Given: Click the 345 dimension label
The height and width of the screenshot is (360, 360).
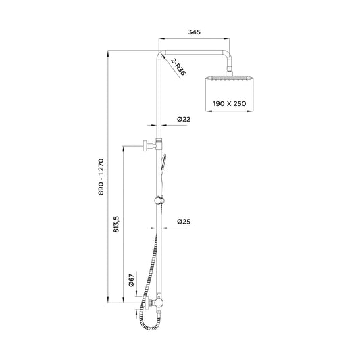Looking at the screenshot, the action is [x=195, y=32].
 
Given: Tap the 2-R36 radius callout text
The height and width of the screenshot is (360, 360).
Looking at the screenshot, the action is [x=178, y=67].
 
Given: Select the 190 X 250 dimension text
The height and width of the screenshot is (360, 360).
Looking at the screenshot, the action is [x=230, y=104].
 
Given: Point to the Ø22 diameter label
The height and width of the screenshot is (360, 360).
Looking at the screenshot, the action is [x=184, y=119].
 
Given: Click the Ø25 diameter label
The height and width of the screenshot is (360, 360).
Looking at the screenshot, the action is [x=184, y=222].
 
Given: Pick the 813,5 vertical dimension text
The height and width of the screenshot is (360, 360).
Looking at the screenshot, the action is [x=116, y=224].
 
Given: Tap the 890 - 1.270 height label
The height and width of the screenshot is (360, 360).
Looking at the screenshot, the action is [x=101, y=177].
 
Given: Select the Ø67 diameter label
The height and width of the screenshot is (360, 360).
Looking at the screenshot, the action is [x=131, y=280].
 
